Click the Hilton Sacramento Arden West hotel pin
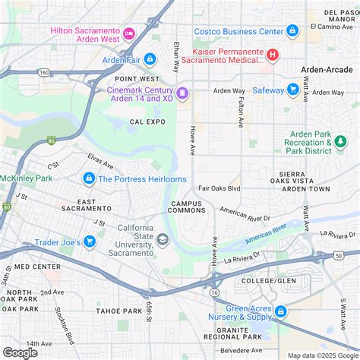(128, 32)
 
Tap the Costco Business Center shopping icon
(292, 31)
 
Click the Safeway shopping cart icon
(292, 90)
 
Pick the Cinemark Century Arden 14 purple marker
(182, 93)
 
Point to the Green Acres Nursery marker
(280, 311)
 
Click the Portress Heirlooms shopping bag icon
(89, 178)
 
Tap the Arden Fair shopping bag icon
(150, 59)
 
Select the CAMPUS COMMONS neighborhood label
(188, 207)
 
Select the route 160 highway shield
(45, 72)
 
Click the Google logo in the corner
(21, 352)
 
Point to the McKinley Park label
(24, 178)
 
